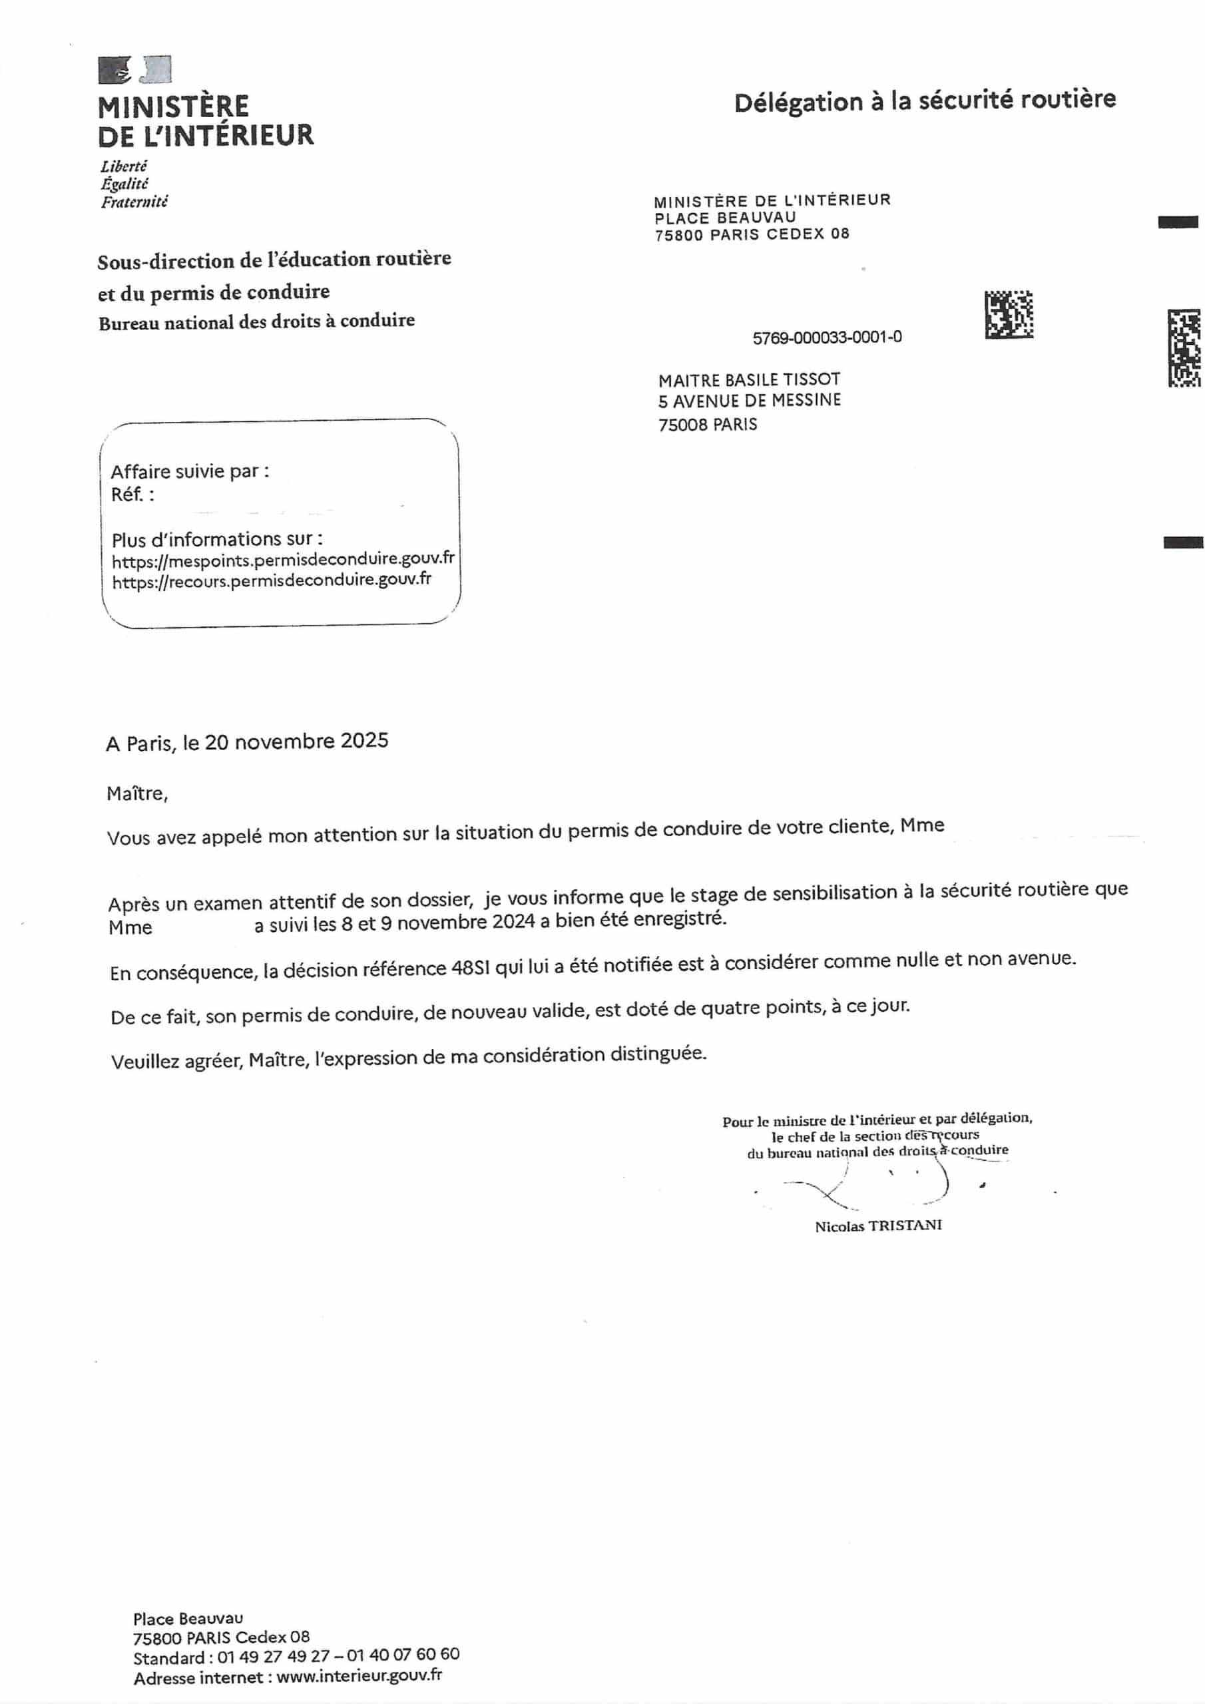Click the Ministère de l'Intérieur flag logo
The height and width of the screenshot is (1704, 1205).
(134, 70)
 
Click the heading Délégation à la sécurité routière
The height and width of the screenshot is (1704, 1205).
(924, 101)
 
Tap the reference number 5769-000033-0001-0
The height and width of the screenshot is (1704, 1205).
(827, 337)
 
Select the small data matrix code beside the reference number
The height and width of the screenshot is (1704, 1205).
(1008, 315)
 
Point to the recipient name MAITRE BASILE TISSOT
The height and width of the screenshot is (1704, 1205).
(748, 380)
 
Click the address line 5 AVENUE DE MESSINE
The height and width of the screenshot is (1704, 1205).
(749, 401)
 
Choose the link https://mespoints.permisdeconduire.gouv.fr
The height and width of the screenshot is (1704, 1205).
(283, 560)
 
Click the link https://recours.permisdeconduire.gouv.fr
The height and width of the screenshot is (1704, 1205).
(271, 581)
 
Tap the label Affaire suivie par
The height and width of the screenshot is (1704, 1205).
(189, 471)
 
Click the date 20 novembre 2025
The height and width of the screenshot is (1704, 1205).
(296, 742)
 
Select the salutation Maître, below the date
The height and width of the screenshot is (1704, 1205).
(137, 793)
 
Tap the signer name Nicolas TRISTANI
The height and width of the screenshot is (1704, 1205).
(878, 1225)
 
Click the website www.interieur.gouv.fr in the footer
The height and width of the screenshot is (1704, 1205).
(360, 1675)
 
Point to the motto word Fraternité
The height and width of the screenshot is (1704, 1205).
(134, 202)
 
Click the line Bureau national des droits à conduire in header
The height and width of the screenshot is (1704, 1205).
(256, 322)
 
